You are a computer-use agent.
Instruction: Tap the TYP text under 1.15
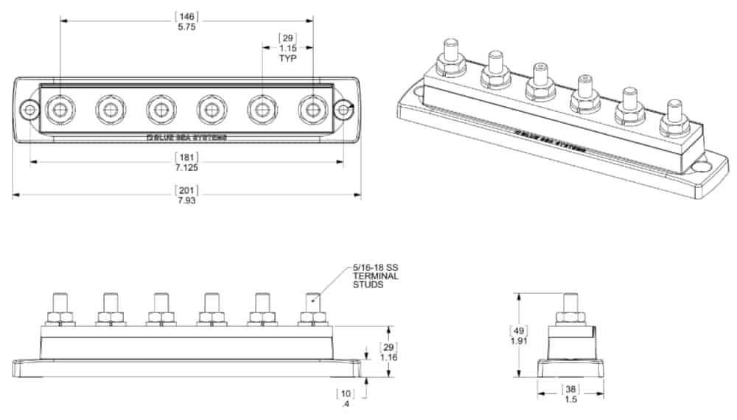pyautogui.click(x=287, y=57)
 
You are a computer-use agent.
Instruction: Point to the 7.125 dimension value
pyautogui.click(x=186, y=167)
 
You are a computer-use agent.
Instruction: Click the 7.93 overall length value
pyautogui.click(x=186, y=200)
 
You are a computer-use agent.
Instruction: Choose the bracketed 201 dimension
pyautogui.click(x=186, y=190)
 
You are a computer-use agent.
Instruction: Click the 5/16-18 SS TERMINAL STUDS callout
pyautogui.click(x=375, y=276)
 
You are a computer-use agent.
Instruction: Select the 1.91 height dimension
pyautogui.click(x=520, y=341)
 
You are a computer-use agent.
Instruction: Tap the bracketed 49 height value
pyautogui.click(x=520, y=330)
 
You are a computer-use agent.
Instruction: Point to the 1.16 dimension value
pyautogui.click(x=388, y=357)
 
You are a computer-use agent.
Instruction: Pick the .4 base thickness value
pyautogui.click(x=345, y=404)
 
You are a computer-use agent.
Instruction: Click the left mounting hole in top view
pyautogui.click(x=29, y=110)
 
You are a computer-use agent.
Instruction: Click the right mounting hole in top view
pyautogui.click(x=343, y=110)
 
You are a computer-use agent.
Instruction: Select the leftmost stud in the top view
pyautogui.click(x=59, y=110)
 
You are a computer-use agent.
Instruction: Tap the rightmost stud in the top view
pyautogui.click(x=312, y=110)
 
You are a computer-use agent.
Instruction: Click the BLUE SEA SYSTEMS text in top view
pyautogui.click(x=187, y=137)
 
